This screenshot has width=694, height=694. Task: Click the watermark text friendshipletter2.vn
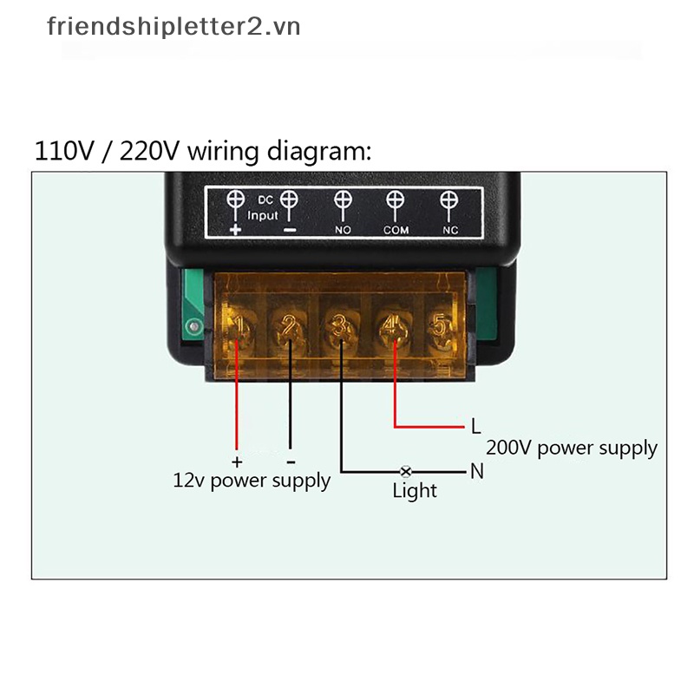click(173, 27)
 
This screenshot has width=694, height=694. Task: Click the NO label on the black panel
click(343, 230)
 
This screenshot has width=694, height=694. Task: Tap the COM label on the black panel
click(396, 230)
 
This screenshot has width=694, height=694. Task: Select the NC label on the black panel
click(450, 230)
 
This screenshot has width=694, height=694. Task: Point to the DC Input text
click(263, 208)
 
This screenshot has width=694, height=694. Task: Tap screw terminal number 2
click(290, 327)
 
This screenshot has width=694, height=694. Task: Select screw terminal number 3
click(341, 327)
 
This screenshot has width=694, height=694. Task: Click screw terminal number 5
click(441, 327)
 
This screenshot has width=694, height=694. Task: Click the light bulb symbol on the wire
click(405, 472)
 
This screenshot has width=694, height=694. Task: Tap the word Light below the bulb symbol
click(415, 491)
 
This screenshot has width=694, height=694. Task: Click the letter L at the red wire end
click(475, 426)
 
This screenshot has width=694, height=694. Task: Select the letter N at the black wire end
click(477, 471)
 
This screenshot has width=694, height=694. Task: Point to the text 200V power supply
click(572, 448)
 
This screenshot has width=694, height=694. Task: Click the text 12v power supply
click(252, 481)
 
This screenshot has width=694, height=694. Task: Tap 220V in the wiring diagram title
click(149, 151)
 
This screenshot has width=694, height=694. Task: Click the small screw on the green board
click(193, 327)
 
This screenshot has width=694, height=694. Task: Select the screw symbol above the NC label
click(448, 200)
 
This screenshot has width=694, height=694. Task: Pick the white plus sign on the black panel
click(235, 229)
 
